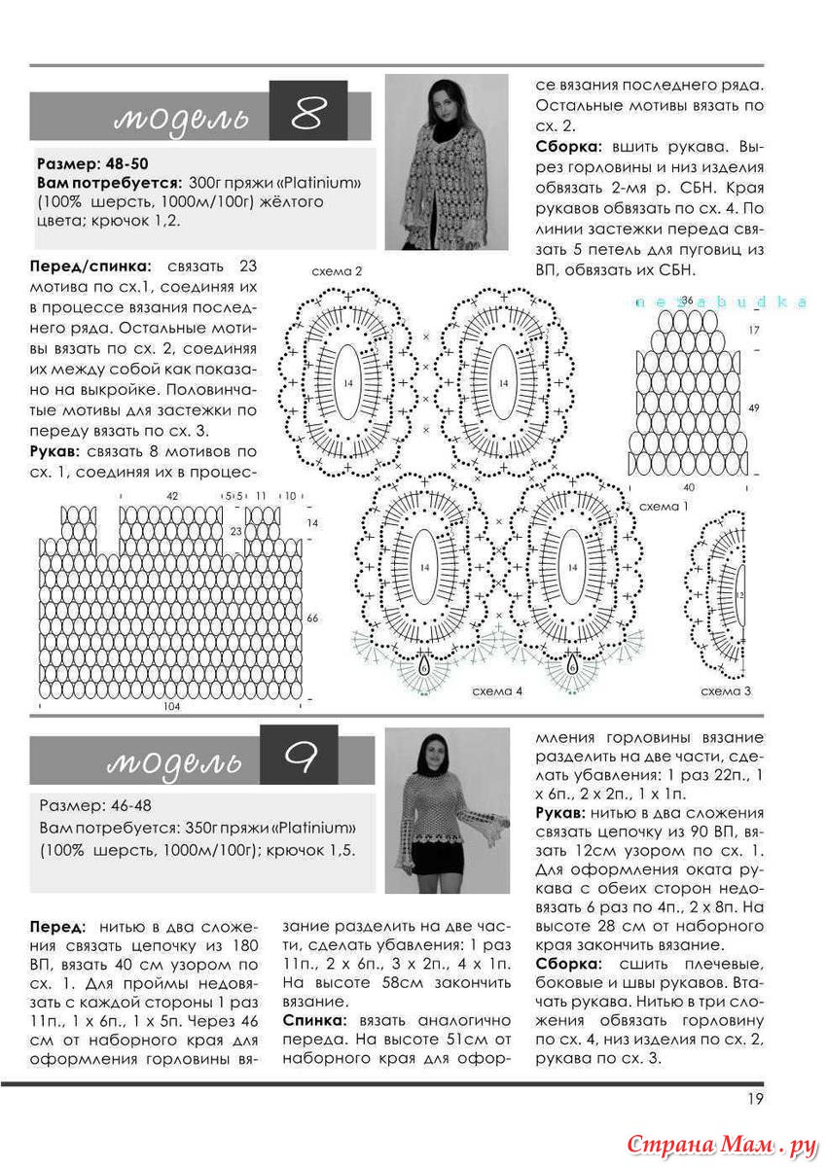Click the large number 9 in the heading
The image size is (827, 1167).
tap(303, 759)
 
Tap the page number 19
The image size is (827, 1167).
tap(755, 1099)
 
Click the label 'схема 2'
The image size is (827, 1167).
tap(336, 271)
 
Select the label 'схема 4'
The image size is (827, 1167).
tap(497, 691)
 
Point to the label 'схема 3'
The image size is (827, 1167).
tap(726, 691)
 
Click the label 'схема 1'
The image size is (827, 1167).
tap(664, 507)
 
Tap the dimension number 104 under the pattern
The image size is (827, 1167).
tap(172, 707)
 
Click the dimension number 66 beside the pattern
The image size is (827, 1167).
tap(312, 619)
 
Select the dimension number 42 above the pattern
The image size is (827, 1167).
tap(173, 496)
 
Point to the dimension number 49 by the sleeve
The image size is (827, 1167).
tap(754, 408)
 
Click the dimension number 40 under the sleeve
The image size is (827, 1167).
tap(689, 486)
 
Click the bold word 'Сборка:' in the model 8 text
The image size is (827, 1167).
tap(569, 147)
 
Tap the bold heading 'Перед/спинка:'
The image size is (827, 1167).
tap(90, 265)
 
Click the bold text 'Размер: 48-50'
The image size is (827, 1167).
tap(92, 162)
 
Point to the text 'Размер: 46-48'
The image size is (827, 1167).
tap(95, 806)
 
